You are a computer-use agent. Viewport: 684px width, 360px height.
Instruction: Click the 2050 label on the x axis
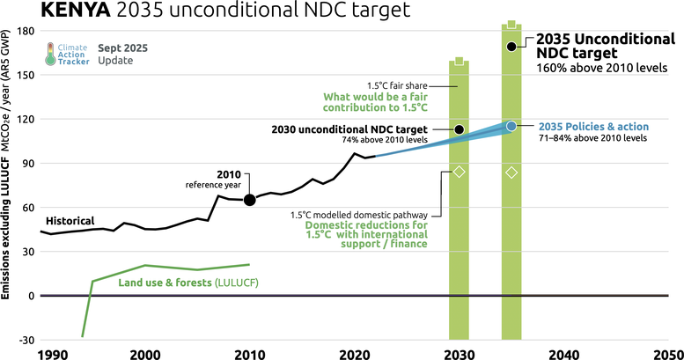tap(667, 355)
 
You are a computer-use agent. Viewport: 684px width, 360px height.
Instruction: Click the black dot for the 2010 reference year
tap(250, 200)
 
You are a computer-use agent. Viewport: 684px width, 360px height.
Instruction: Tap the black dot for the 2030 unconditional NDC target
tap(459, 129)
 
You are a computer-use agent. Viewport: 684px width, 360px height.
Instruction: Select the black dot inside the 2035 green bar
tap(511, 46)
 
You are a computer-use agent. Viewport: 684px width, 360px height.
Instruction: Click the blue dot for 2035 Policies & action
tap(511, 127)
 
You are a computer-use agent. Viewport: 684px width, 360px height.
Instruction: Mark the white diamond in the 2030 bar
tap(459, 172)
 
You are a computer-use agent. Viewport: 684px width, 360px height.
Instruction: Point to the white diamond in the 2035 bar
tap(511, 173)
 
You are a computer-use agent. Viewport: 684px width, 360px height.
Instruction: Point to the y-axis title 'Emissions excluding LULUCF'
tap(7, 220)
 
